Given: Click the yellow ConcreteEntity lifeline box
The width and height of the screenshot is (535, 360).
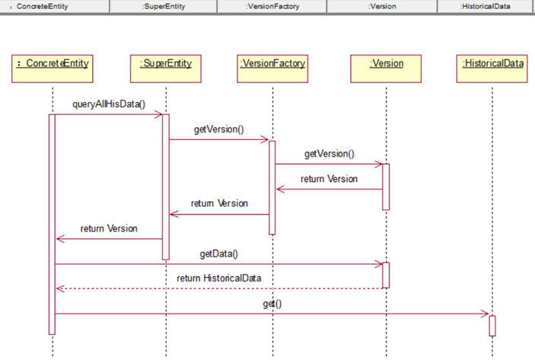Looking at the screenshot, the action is (x=53, y=68).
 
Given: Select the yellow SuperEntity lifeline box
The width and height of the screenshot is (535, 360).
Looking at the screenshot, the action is (x=166, y=68).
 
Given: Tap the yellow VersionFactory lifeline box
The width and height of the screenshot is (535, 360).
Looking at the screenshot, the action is (x=272, y=68).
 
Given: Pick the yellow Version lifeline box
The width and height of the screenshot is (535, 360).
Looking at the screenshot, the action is (x=386, y=68).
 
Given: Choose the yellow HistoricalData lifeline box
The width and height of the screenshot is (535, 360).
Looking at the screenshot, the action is (x=492, y=68).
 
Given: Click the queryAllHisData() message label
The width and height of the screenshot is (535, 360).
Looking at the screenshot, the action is (x=109, y=104).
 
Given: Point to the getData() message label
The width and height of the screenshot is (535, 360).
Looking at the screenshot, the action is (x=218, y=254).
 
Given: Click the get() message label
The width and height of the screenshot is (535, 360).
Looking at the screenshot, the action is (x=272, y=304).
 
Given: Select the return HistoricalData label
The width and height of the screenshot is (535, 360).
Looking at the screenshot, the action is (x=219, y=278).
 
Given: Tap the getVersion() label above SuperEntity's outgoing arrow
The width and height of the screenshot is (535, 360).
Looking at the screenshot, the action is (x=218, y=129).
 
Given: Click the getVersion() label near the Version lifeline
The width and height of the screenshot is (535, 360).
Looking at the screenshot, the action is (x=330, y=154).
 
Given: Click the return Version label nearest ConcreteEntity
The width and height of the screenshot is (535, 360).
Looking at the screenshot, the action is (x=109, y=228).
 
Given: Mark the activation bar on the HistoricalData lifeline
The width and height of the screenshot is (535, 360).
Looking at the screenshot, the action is (x=492, y=326).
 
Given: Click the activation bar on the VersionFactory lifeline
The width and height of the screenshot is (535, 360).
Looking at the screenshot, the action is (x=272, y=188).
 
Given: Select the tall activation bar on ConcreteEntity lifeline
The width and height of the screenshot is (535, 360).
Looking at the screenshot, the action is (x=52, y=225).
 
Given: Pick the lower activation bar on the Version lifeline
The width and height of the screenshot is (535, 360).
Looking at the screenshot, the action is (x=386, y=275).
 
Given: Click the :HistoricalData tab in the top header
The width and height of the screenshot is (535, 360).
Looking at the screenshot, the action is (x=486, y=6).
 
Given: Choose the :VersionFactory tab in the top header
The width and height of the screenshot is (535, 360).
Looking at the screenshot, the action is (x=272, y=6).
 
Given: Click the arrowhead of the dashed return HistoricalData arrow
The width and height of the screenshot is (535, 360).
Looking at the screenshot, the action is (x=59, y=288).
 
